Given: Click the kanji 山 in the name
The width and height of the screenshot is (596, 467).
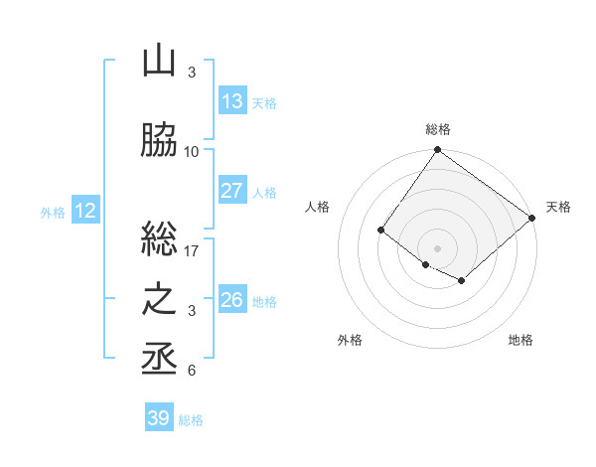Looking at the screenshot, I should point(159,62).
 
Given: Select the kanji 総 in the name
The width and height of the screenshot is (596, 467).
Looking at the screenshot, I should point(159,238).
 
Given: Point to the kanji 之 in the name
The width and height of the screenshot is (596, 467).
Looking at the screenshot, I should point(159,300).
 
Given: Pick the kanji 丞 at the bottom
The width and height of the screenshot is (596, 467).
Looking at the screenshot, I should point(159,358).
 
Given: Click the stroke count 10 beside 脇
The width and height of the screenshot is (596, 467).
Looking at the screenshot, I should point(192,152).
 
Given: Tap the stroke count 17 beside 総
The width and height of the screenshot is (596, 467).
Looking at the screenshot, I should point(192,250).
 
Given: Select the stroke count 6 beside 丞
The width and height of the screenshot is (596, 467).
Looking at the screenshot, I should point(192,371).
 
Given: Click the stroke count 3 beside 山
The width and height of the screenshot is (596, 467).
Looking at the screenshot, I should point(192,73).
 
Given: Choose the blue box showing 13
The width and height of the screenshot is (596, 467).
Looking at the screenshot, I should point(232,101).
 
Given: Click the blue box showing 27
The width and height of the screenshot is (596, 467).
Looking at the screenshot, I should point(232,191).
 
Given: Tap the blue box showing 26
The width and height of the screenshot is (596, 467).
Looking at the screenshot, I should point(232,300).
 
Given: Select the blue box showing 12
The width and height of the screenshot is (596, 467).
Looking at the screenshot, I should point(85,211).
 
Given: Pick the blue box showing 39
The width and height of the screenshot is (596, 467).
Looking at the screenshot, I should point(159,418).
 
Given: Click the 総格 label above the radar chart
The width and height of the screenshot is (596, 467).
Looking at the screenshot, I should point(438,129).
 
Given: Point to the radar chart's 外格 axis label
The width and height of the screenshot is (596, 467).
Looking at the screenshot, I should point(350,340).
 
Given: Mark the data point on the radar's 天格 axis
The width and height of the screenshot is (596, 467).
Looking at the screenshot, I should point(533,219).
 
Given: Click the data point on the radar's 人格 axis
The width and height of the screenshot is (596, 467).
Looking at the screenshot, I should point(380,231).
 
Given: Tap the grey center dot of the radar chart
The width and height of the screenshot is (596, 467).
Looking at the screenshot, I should point(438,247).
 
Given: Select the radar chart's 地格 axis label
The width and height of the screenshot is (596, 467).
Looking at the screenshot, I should point(521,340).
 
